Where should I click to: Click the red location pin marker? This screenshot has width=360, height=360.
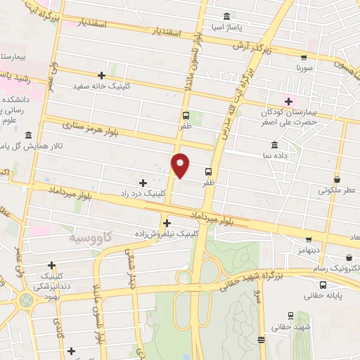point(181,165)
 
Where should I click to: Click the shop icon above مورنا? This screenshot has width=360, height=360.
point(304,58)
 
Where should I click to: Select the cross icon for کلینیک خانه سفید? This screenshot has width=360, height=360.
point(102,75)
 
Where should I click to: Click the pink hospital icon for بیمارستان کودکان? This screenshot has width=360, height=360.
point(288,101)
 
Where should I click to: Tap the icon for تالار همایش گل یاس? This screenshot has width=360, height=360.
point(27,135)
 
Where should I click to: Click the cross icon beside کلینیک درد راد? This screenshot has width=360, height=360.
point(143,183)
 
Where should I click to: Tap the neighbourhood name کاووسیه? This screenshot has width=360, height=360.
point(91,238)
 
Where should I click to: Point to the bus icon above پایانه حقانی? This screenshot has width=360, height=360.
point(323,285)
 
